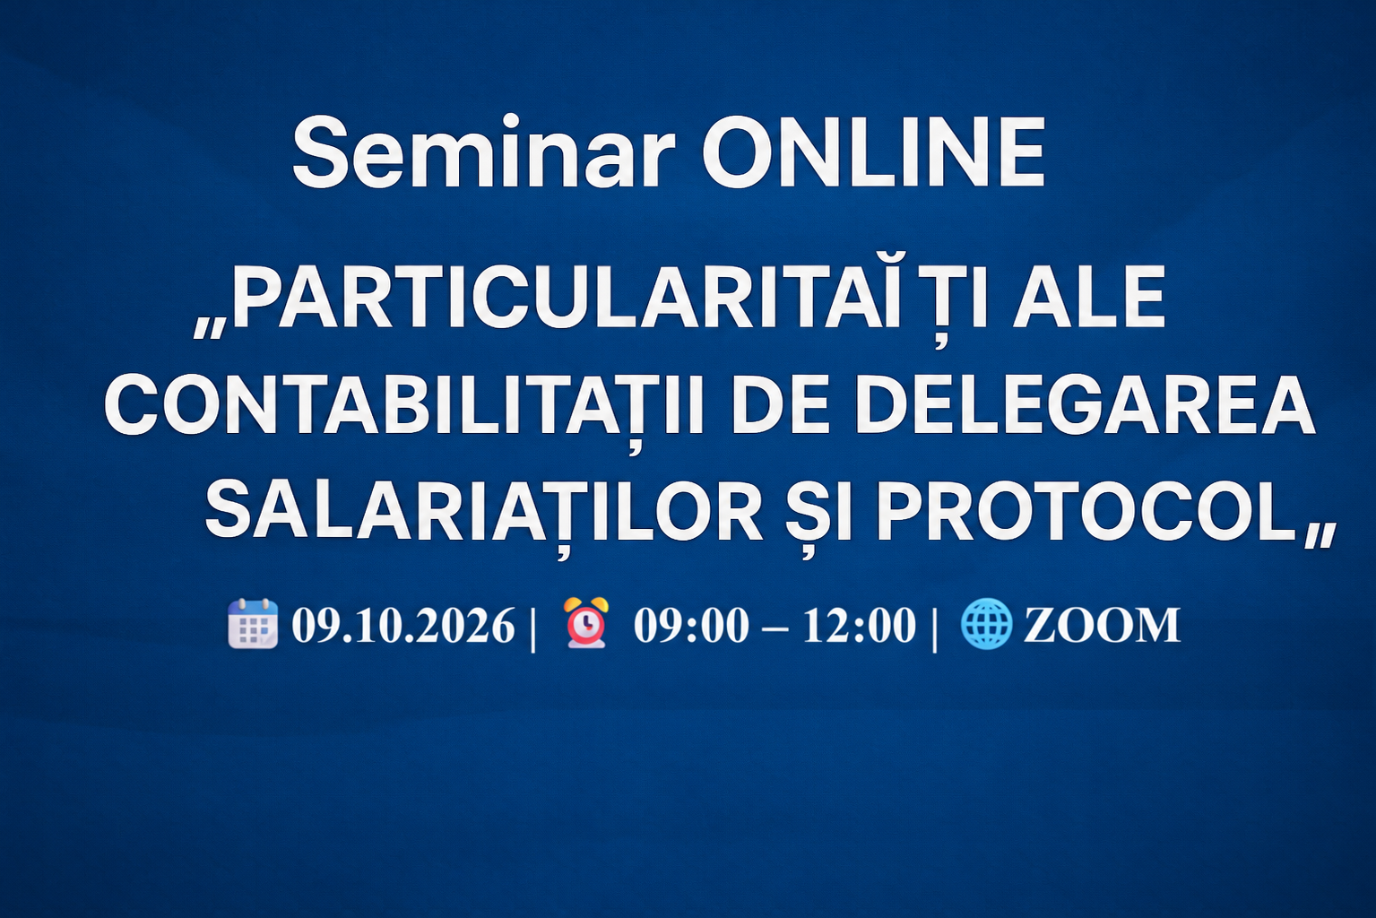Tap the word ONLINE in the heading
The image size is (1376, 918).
[x=873, y=152]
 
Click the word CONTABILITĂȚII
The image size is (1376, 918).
[x=404, y=406]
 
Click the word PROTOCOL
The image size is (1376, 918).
[x=1086, y=512]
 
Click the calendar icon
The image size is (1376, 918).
[x=253, y=624]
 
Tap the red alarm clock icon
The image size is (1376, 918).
[x=586, y=622]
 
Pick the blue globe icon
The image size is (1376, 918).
[x=987, y=624]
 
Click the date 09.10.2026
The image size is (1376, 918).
[x=403, y=625]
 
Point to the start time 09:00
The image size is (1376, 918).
[x=692, y=625]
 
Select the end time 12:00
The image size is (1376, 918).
[x=859, y=625]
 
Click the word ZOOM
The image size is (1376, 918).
[x=1102, y=625]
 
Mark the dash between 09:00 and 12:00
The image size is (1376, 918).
[x=775, y=628]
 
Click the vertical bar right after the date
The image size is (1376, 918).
[x=532, y=627]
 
